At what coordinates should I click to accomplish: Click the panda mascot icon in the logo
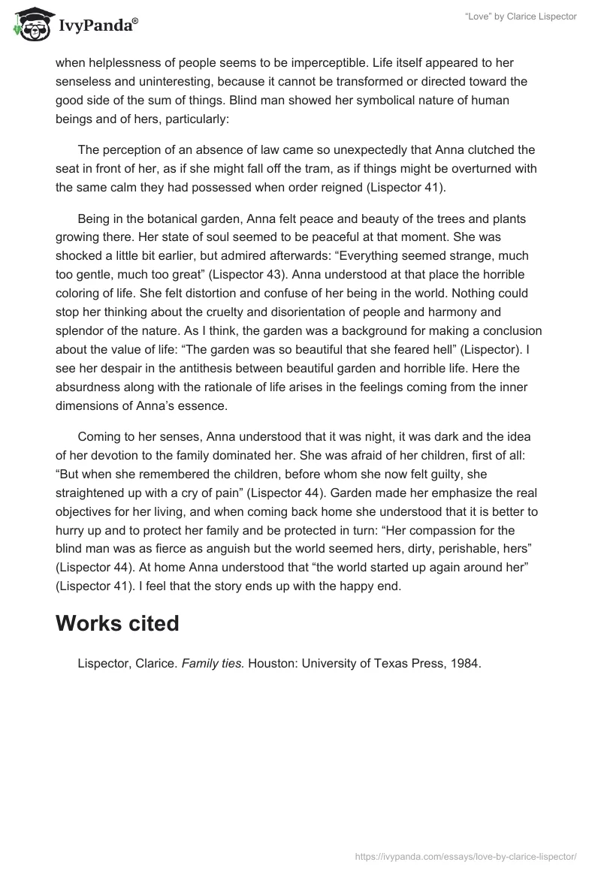point(29,25)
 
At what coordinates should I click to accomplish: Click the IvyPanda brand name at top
point(98,28)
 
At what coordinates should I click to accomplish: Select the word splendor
point(80,330)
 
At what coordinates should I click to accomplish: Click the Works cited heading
point(117,623)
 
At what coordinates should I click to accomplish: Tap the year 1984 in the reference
point(464,664)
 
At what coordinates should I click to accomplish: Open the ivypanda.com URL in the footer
point(465,855)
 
